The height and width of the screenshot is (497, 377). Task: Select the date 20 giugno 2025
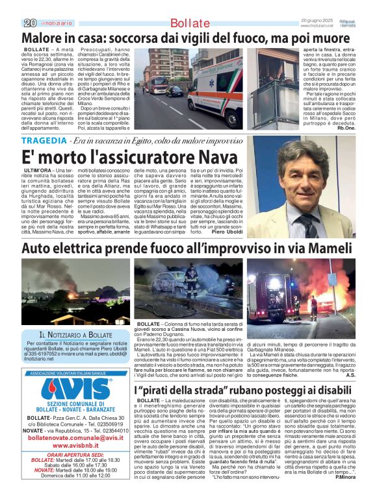317,21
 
